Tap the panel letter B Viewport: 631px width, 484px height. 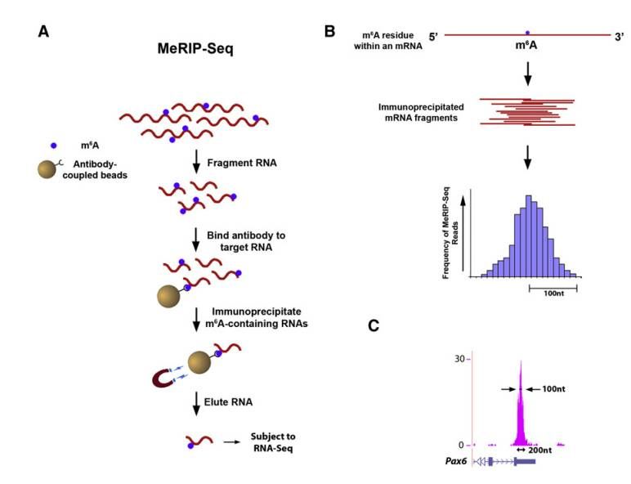click(x=329, y=31)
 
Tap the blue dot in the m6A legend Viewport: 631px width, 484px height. click(x=54, y=145)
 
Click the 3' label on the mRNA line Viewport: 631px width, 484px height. click(x=618, y=37)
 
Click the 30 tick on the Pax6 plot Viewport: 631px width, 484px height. click(x=460, y=359)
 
